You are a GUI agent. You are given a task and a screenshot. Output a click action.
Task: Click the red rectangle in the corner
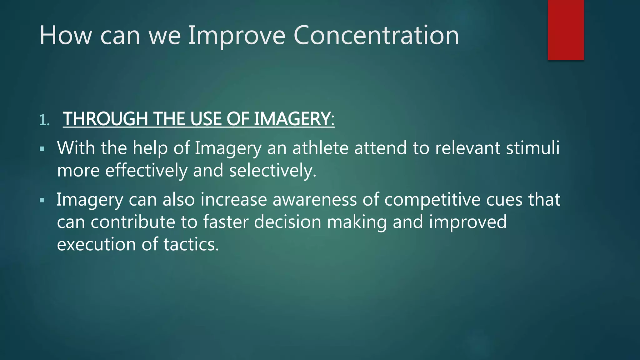[566, 30]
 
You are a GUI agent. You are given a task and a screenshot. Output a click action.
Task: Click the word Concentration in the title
[376, 35]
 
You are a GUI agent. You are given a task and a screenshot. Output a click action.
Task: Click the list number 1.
[44, 120]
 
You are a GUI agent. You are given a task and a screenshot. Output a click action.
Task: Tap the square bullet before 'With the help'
[42, 149]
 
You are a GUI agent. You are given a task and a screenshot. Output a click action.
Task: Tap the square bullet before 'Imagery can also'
[42, 200]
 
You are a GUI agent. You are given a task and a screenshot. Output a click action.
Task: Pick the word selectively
[272, 171]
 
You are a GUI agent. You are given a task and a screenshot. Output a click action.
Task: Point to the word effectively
[146, 171]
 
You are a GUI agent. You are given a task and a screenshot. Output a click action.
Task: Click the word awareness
[314, 200]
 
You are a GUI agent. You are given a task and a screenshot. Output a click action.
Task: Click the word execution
[96, 244]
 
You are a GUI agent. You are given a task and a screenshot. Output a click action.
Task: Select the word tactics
[191, 244]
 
